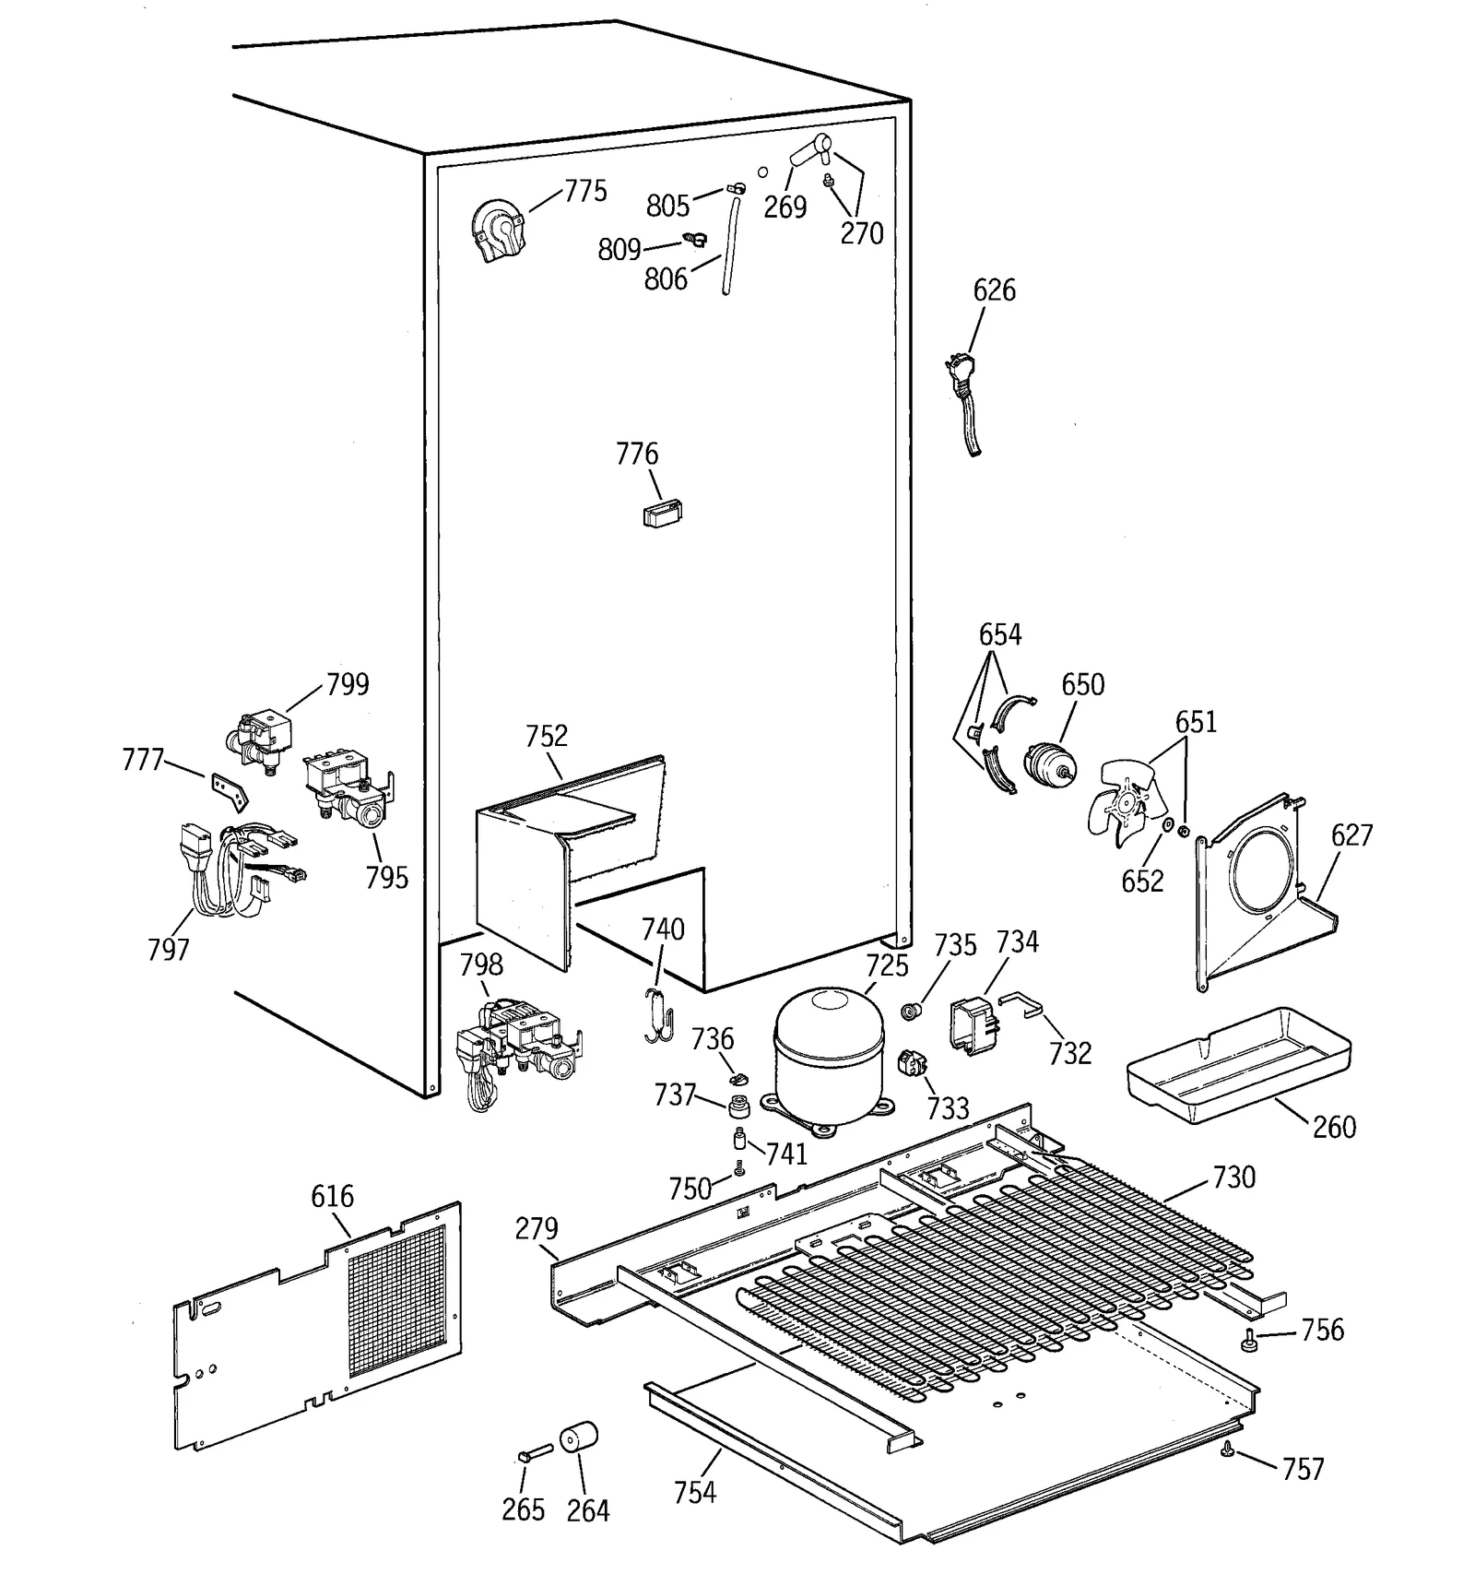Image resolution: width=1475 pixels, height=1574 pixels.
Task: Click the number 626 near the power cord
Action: [994, 290]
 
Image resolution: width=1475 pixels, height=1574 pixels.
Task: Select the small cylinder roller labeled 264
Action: [579, 1438]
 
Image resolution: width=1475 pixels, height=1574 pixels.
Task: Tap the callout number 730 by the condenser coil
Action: [1233, 1178]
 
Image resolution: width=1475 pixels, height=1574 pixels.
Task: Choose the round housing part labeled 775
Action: [499, 231]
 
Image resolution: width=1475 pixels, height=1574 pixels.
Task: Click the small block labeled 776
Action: [662, 513]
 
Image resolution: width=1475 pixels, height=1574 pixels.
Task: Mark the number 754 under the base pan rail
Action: [693, 1491]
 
